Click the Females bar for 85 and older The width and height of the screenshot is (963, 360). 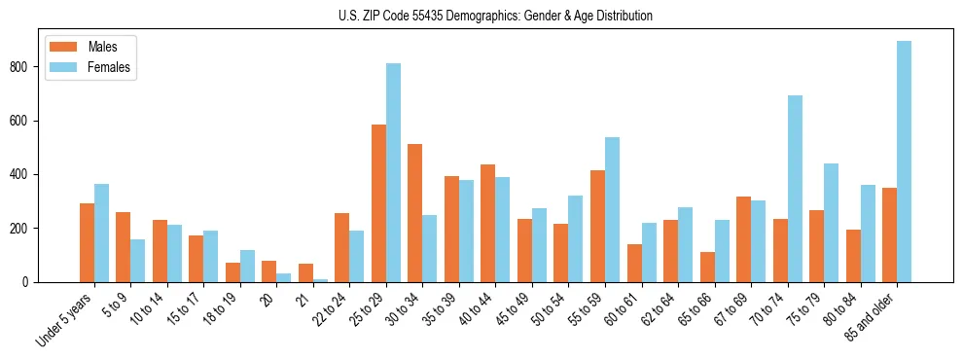[904, 162]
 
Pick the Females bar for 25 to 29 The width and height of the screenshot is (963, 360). [393, 173]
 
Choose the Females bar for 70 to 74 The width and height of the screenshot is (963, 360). [795, 189]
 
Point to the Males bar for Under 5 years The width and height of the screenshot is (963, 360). [87, 242]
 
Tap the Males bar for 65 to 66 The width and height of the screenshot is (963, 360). [707, 267]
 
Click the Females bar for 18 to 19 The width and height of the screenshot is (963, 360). [247, 266]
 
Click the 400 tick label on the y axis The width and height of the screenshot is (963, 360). [26, 175]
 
